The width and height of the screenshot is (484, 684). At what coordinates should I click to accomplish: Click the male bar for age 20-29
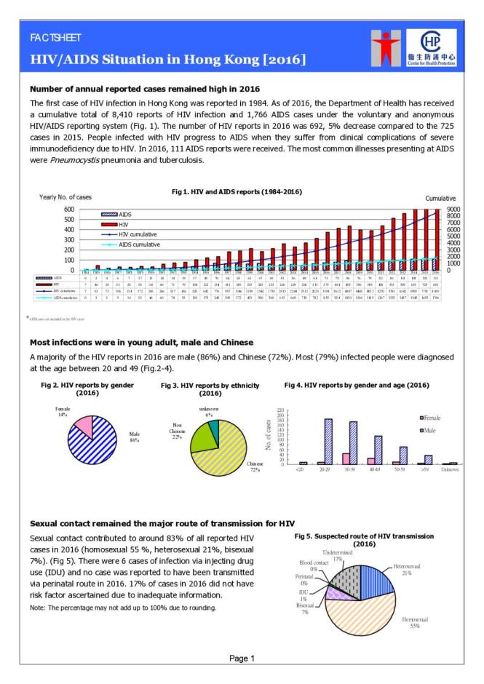pyautogui.click(x=329, y=441)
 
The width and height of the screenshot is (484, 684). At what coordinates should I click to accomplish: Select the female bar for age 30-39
pyautogui.click(x=346, y=458)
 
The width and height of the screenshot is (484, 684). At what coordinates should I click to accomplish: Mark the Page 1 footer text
pyautogui.click(x=242, y=659)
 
